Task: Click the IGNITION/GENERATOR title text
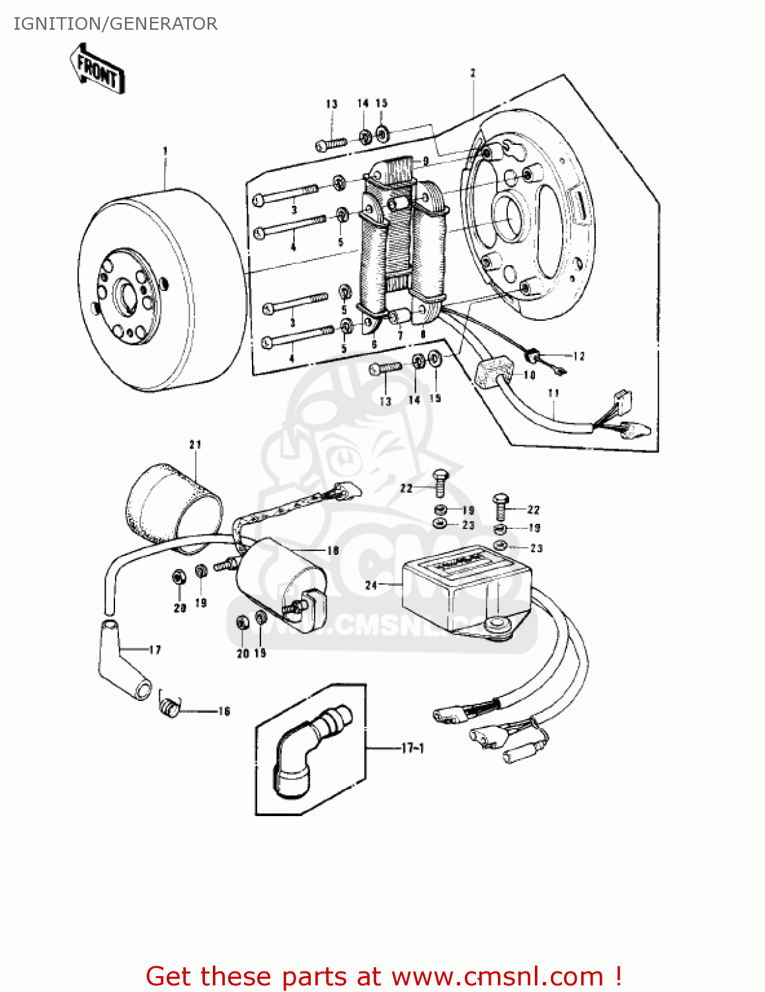(x=115, y=24)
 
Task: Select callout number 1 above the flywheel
(x=165, y=151)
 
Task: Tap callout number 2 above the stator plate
(x=473, y=73)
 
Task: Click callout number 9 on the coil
(x=426, y=161)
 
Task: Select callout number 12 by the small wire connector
(x=579, y=356)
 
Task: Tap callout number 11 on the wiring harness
(x=553, y=393)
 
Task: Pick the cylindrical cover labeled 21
(x=173, y=505)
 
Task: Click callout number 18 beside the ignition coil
(x=333, y=550)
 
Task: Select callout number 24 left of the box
(x=371, y=585)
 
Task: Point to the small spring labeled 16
(x=170, y=706)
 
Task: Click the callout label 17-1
(x=413, y=748)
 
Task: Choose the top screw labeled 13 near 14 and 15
(x=331, y=144)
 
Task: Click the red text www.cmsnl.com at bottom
(x=497, y=976)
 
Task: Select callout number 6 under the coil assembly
(x=374, y=344)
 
